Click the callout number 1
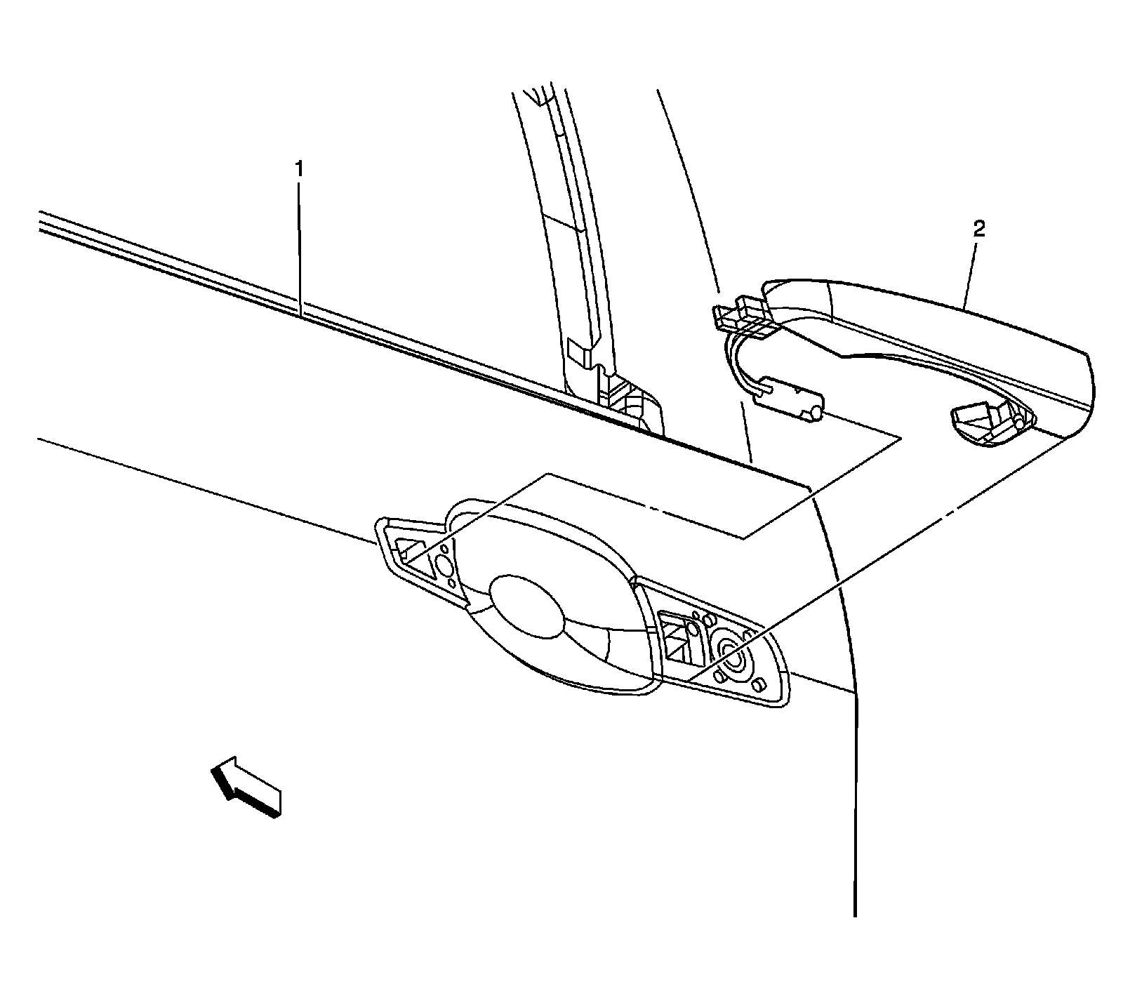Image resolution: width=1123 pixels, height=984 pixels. tap(300, 169)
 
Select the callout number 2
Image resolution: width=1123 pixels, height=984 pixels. tap(979, 230)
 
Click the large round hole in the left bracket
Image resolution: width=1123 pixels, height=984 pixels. tap(444, 566)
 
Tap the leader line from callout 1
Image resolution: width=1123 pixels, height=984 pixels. tap(300, 246)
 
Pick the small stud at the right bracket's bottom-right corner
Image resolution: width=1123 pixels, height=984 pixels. tap(758, 684)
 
